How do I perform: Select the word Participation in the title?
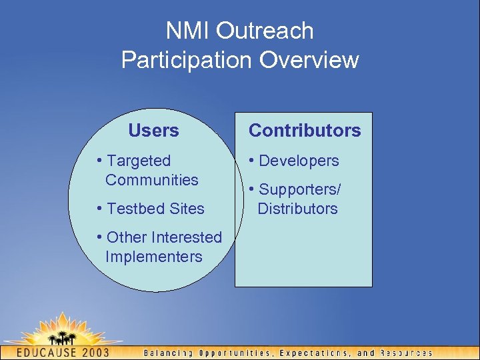pyautogui.click(x=187, y=60)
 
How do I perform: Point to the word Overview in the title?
pyautogui.click(x=309, y=60)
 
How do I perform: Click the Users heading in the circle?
pyautogui.click(x=153, y=131)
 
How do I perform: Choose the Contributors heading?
pyautogui.click(x=305, y=131)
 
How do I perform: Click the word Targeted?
pyautogui.click(x=139, y=161)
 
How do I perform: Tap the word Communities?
pyautogui.click(x=151, y=180)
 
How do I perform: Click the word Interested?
pyautogui.click(x=187, y=237)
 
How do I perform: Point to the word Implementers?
pyautogui.click(x=153, y=257)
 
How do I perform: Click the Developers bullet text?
pyautogui.click(x=299, y=161)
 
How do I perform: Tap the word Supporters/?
pyautogui.click(x=299, y=189)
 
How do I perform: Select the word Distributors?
pyautogui.click(x=297, y=209)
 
